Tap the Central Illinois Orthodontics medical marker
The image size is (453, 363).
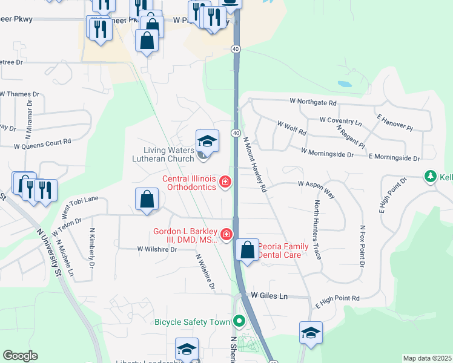225,181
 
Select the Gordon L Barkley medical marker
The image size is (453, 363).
226,234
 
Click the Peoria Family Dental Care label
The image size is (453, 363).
283,250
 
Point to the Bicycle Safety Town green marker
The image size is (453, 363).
239,321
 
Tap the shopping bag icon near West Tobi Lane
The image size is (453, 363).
147,200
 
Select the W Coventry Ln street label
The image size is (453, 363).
340,121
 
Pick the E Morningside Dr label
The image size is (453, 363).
394,157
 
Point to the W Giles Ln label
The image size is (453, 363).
269,296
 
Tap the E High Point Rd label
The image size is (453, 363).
337,299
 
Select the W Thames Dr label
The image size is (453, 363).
19,94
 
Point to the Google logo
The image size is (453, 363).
20,356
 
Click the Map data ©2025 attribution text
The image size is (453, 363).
427,358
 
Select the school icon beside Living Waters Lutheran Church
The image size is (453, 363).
207,142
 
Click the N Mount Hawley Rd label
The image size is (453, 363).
255,165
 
